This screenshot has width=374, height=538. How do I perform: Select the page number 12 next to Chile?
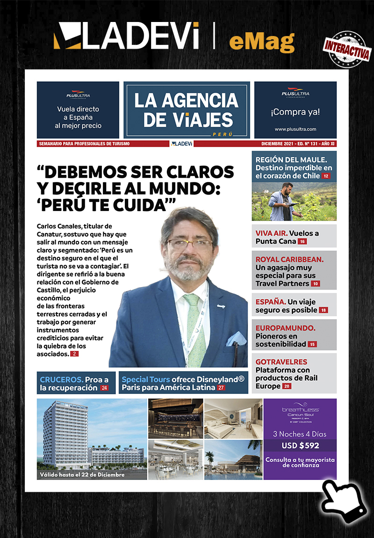[325, 176]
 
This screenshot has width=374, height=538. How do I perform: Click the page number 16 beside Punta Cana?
[302, 241]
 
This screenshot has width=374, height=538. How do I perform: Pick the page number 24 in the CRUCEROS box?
[104, 388]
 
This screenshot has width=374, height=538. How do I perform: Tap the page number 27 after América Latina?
[221, 388]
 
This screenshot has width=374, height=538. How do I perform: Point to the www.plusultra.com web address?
[295, 129]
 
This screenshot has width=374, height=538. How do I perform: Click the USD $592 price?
[300, 446]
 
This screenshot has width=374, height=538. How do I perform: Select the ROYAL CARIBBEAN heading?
[289, 259]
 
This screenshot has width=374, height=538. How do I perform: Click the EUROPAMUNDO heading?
[285, 328]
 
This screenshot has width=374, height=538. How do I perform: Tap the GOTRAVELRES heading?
[281, 362]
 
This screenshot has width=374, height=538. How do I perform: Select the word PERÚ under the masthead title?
[222, 134]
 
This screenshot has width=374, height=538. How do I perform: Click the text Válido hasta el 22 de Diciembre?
[82, 475]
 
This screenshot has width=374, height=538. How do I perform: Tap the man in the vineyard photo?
[281, 200]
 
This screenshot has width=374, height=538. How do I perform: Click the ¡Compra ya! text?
[295, 112]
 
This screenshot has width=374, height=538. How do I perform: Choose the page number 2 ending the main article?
[75, 355]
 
